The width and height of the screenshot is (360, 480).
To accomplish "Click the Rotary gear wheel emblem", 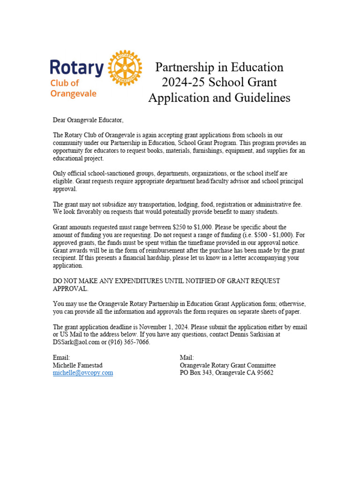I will [125, 68].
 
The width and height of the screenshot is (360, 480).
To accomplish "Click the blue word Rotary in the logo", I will [76, 68].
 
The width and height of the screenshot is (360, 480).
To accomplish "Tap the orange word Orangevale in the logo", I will [73, 93].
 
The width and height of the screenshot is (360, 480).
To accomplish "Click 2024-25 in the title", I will [184, 82].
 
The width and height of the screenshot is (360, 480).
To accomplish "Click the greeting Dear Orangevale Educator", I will [88, 120].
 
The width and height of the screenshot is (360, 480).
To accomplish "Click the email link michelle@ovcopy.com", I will [83, 373].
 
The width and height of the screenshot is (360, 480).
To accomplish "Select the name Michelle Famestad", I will [77, 365].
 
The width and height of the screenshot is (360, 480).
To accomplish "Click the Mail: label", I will [187, 358].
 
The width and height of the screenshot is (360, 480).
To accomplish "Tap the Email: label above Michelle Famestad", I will [61, 358].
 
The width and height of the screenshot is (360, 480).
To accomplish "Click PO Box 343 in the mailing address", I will [196, 373].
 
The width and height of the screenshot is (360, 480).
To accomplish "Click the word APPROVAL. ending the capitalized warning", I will [70, 289].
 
